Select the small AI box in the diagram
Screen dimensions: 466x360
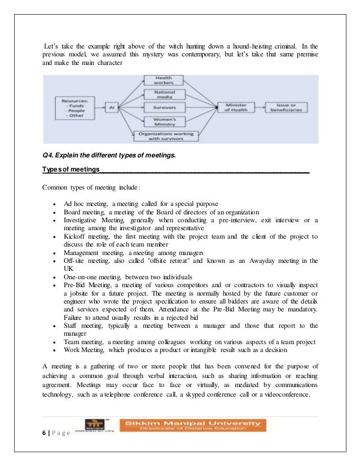[x=113, y=106]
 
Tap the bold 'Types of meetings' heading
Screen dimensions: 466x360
[x=71, y=170]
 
